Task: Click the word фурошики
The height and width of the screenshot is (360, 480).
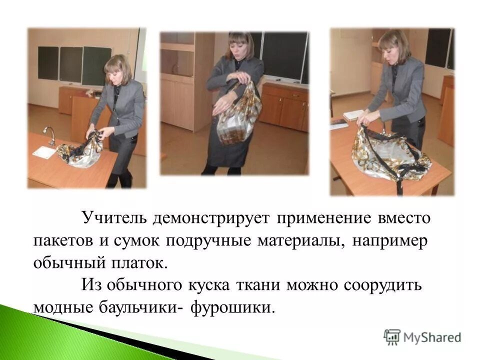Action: (x=236, y=306)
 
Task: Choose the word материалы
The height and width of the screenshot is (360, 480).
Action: (x=301, y=240)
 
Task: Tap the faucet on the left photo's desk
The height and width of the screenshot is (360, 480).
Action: (x=49, y=133)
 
